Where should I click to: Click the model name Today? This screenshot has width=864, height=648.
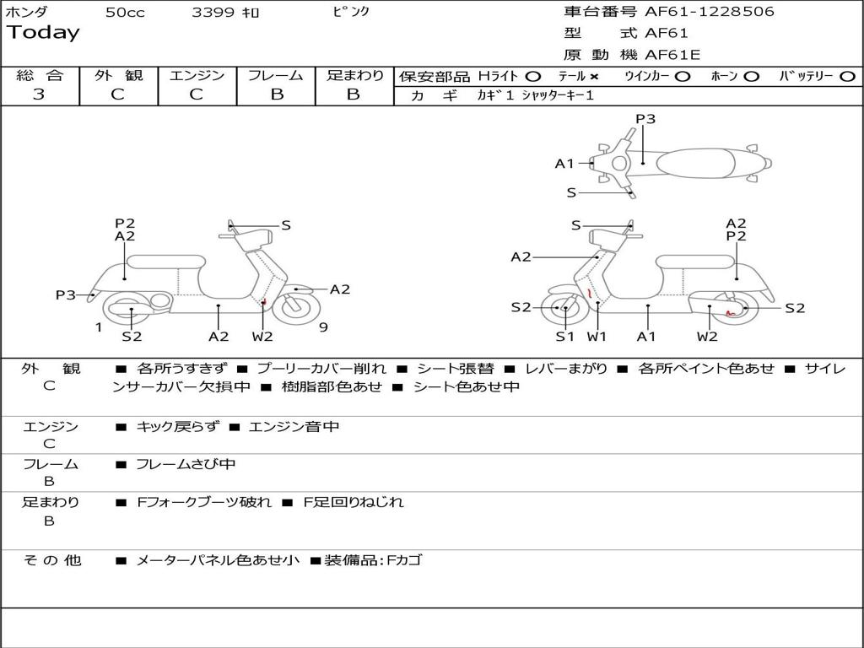click(x=43, y=33)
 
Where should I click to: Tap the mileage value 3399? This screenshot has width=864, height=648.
click(x=213, y=13)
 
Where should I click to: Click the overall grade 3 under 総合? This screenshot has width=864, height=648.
click(x=39, y=94)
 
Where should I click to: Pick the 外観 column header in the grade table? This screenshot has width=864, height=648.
click(x=118, y=76)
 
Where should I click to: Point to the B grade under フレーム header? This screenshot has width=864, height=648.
click(x=276, y=94)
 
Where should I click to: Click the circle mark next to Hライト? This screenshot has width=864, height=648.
click(x=533, y=77)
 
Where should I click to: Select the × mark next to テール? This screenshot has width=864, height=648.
click(x=593, y=77)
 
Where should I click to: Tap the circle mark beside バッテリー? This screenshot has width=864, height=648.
click(x=847, y=77)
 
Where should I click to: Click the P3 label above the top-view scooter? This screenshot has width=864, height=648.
click(x=645, y=119)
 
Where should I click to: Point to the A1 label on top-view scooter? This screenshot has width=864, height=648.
click(x=564, y=164)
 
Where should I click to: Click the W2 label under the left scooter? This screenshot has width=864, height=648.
click(x=262, y=337)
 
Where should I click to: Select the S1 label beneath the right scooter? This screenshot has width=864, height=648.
click(x=564, y=337)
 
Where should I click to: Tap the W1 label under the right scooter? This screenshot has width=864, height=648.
click(x=597, y=337)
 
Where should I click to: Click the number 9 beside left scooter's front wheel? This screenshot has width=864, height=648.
click(x=323, y=327)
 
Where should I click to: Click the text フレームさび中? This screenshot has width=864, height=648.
click(x=186, y=464)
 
